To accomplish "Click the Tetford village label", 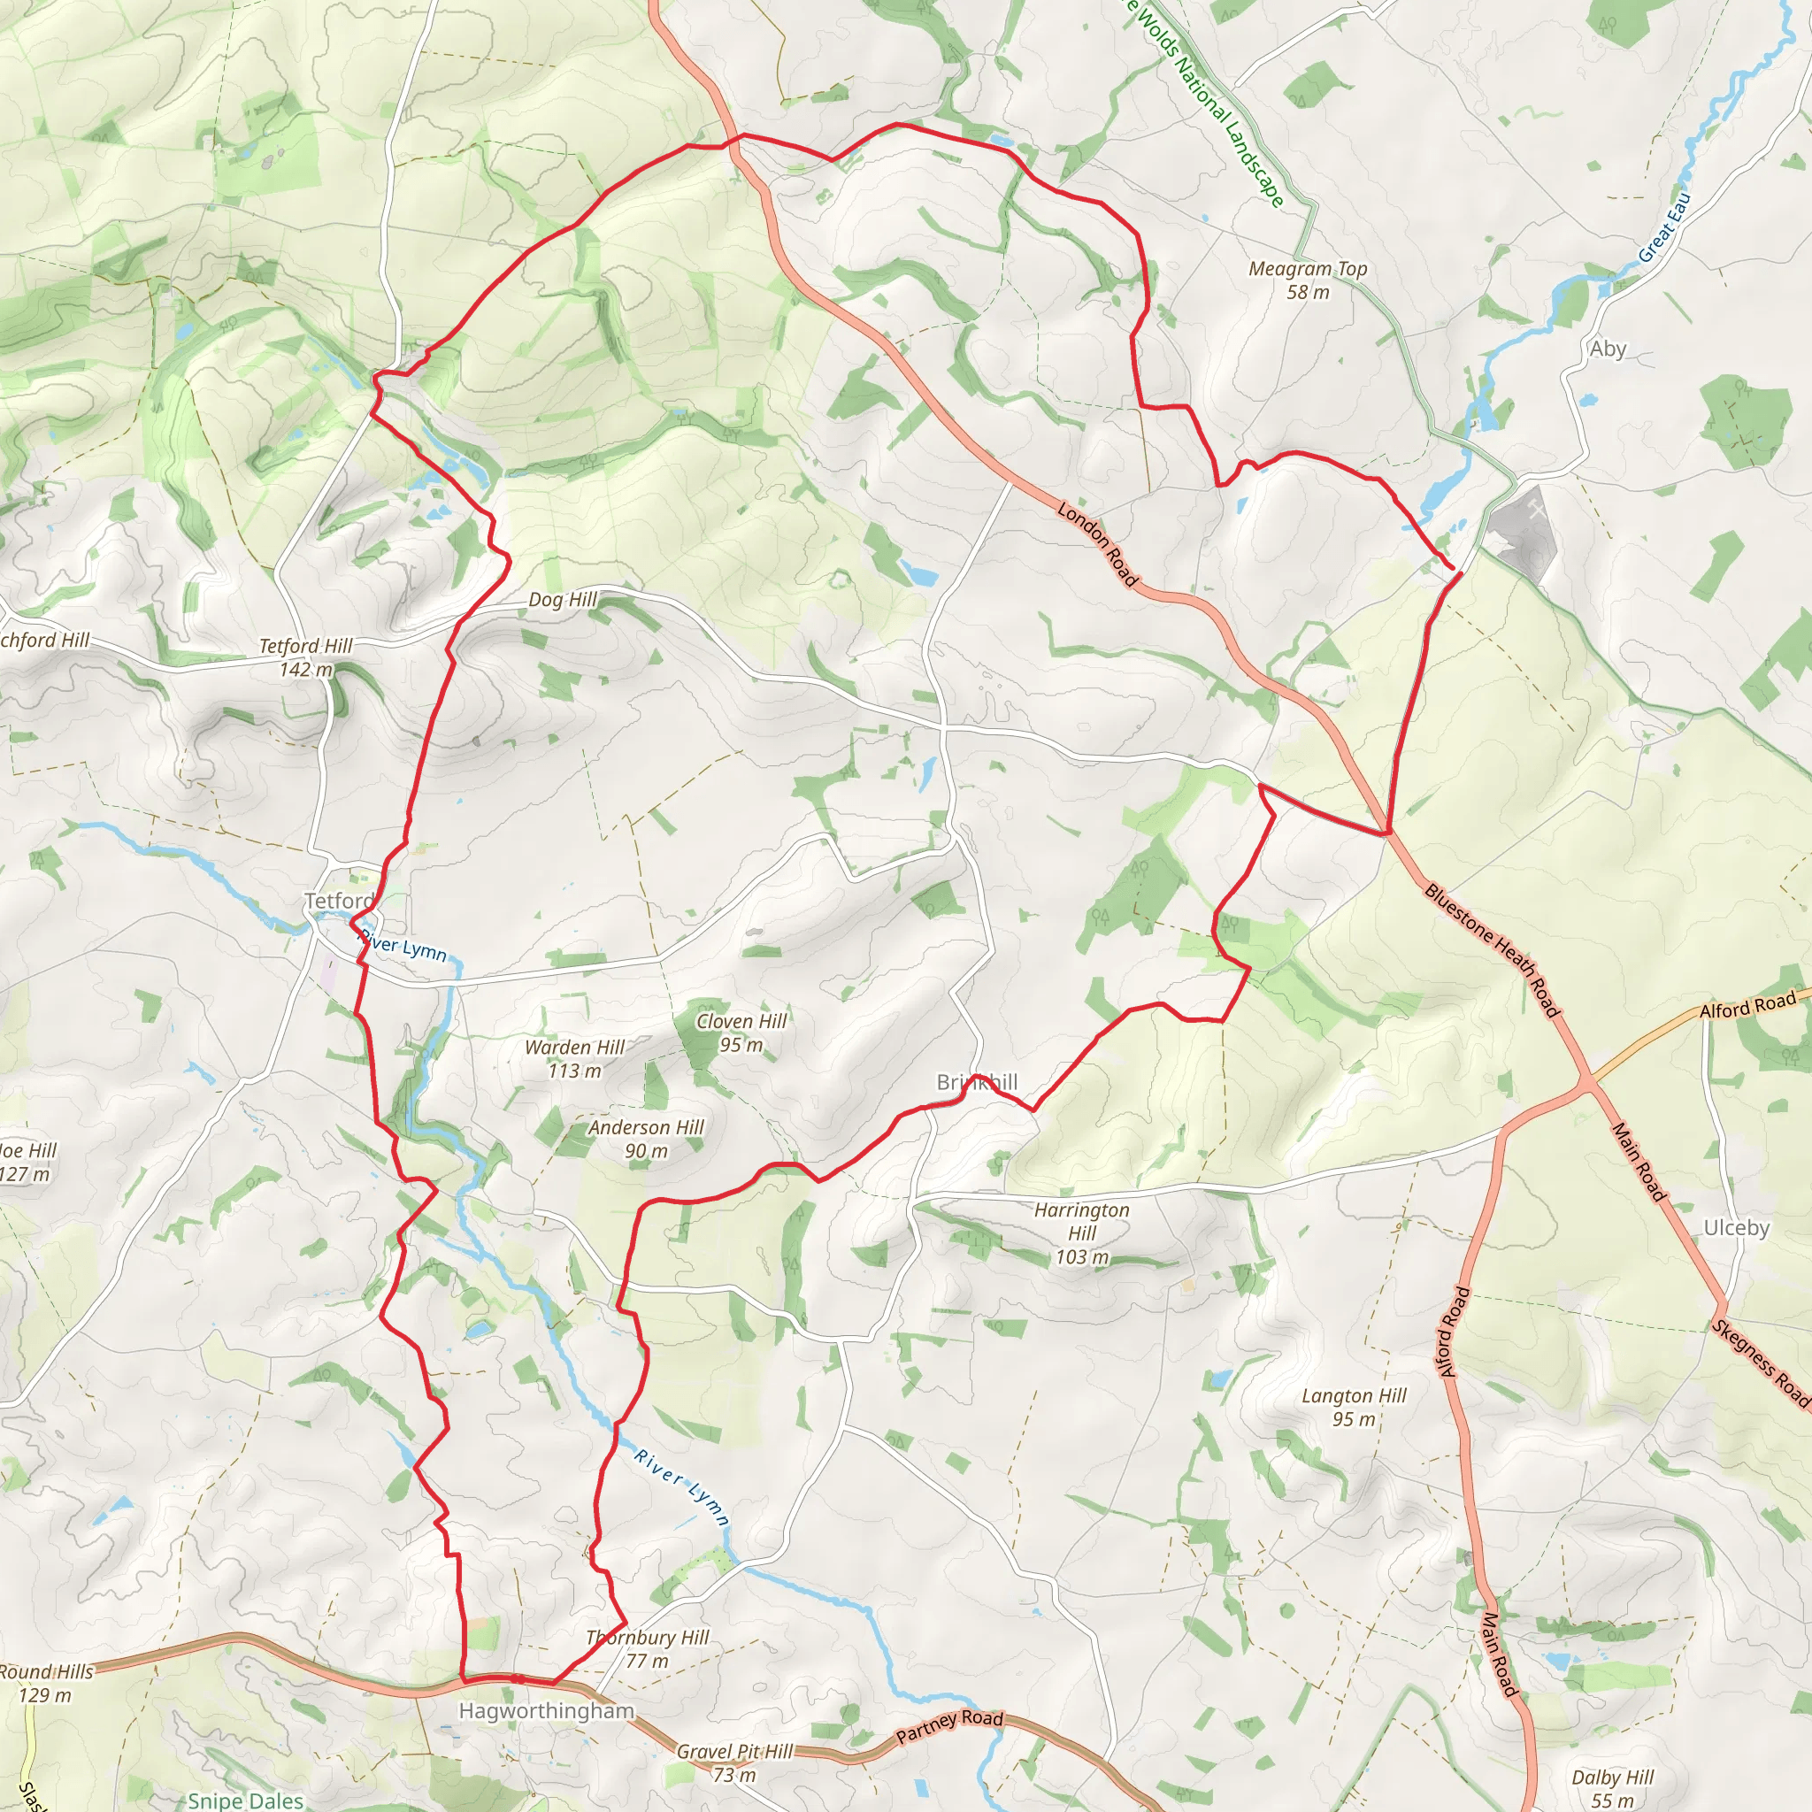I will pos(340,902).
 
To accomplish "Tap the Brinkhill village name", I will pos(977,1083).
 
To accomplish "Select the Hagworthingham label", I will pos(546,1712).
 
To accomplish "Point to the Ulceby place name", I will pos(1736,1229).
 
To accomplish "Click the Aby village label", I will pos(1608,349).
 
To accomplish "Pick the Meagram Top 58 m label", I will pos(1308,280).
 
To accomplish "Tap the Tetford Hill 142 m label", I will pos(306,657).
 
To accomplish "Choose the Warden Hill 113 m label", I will pos(574,1059).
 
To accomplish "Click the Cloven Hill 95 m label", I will pos(741,1033).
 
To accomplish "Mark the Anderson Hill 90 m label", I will pos(645,1139).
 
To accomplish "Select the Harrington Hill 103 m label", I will pos(1081,1233).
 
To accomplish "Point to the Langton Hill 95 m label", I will pos(1354,1407).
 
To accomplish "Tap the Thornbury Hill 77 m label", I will pos(647,1649).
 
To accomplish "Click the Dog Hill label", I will pos(563,599).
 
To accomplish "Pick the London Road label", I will pos(1097,545).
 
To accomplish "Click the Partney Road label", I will pos(949,1725).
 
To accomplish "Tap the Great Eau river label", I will pos(1665,228).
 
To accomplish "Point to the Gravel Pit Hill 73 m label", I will pos(734,1763).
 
